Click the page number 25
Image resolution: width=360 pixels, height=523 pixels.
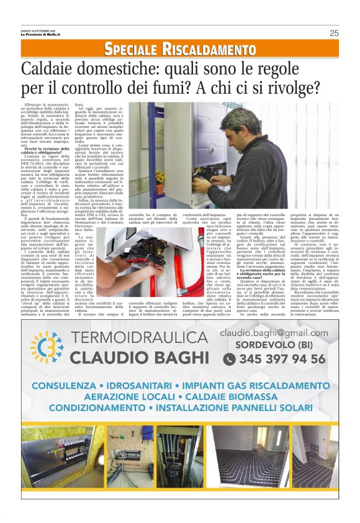(334, 33)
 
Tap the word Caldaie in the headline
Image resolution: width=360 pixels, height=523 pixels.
(52, 69)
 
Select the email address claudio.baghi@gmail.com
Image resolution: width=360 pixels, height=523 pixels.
(274, 334)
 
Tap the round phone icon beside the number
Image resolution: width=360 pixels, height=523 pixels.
(229, 359)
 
